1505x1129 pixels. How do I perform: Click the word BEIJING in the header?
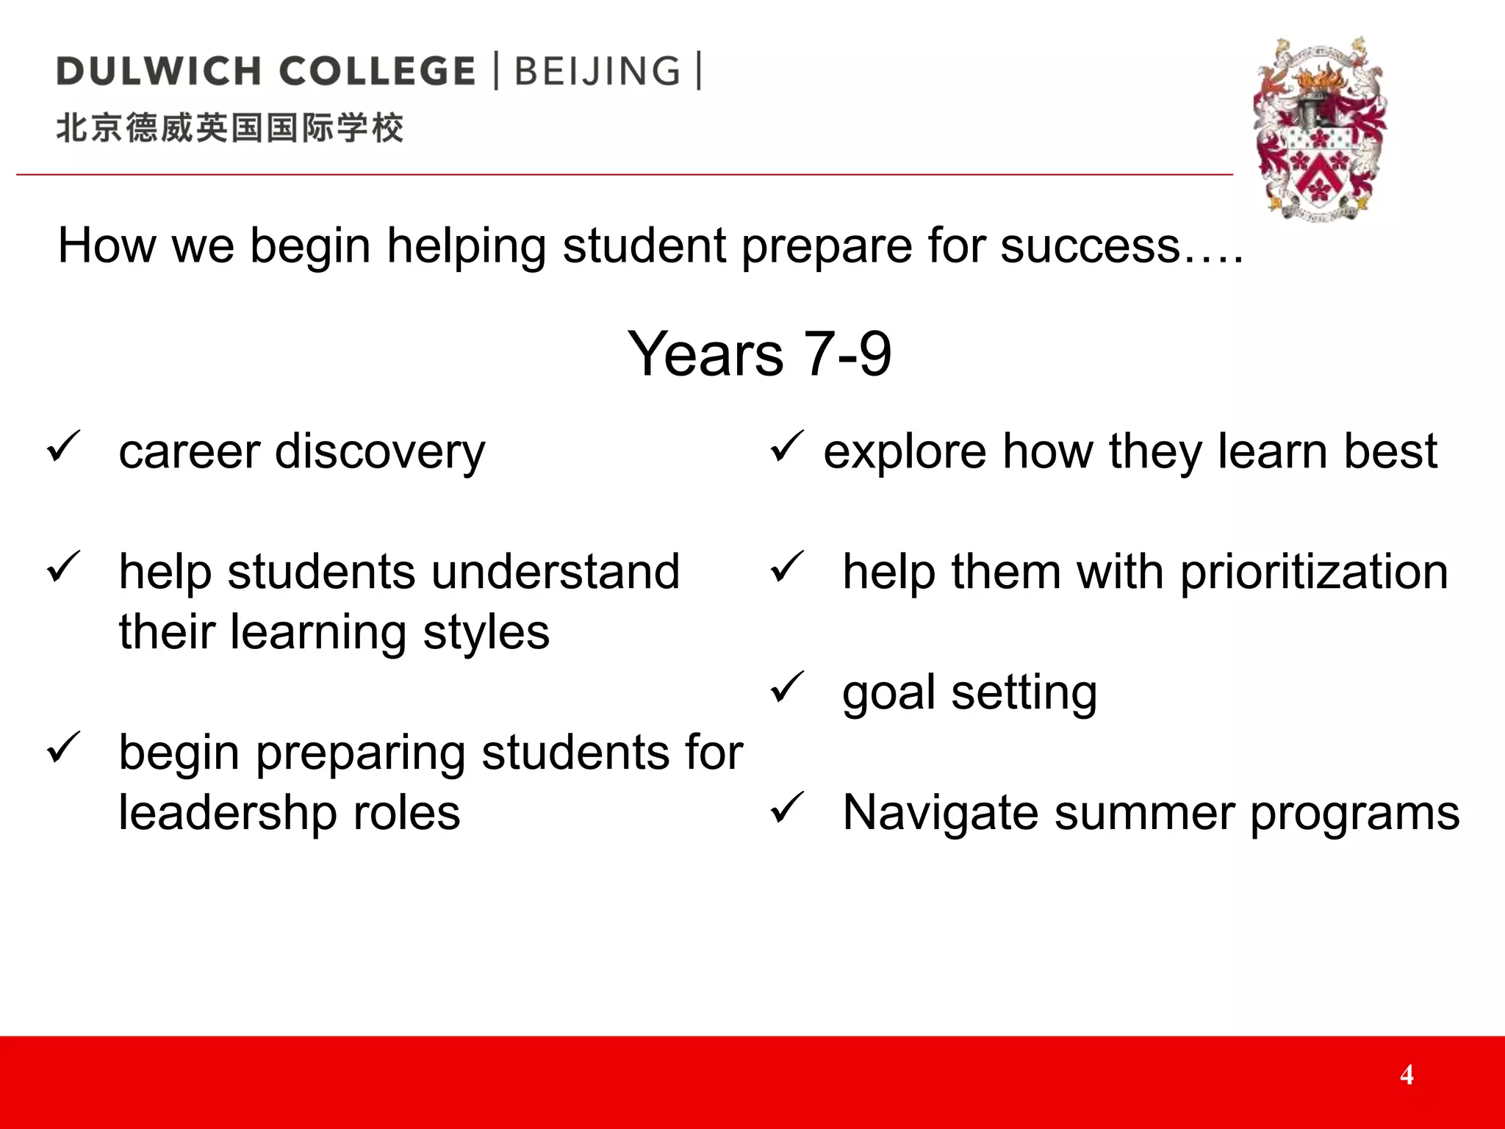click(x=597, y=71)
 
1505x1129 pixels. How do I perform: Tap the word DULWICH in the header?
click(x=159, y=71)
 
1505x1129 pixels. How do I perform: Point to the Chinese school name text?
click(x=230, y=128)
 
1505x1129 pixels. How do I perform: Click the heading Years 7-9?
click(x=759, y=354)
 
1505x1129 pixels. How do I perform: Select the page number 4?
click(x=1407, y=1075)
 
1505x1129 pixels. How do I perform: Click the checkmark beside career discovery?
click(x=63, y=446)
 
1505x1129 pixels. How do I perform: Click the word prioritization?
click(x=1314, y=573)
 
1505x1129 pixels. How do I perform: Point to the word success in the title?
click(x=1090, y=245)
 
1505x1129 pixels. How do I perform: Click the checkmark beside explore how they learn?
click(x=787, y=446)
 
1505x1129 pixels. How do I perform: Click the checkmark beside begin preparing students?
click(x=63, y=748)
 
